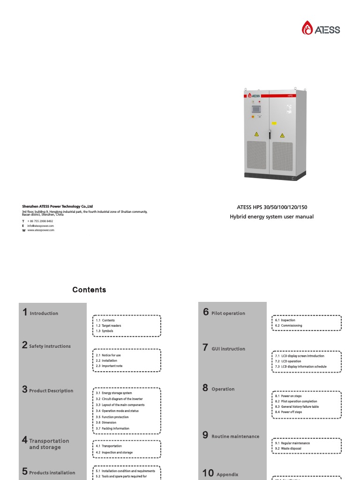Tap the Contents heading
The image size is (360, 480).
pyautogui.click(x=89, y=290)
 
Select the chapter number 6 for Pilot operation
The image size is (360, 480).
pyautogui.click(x=206, y=312)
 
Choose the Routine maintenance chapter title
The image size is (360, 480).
pyautogui.click(x=235, y=436)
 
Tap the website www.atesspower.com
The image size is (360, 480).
pyautogui.click(x=41, y=230)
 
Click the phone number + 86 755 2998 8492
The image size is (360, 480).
pyautogui.click(x=40, y=221)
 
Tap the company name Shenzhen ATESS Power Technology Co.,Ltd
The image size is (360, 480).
pyautogui.click(x=58, y=206)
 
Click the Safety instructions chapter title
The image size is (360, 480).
pyautogui.click(x=50, y=346)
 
